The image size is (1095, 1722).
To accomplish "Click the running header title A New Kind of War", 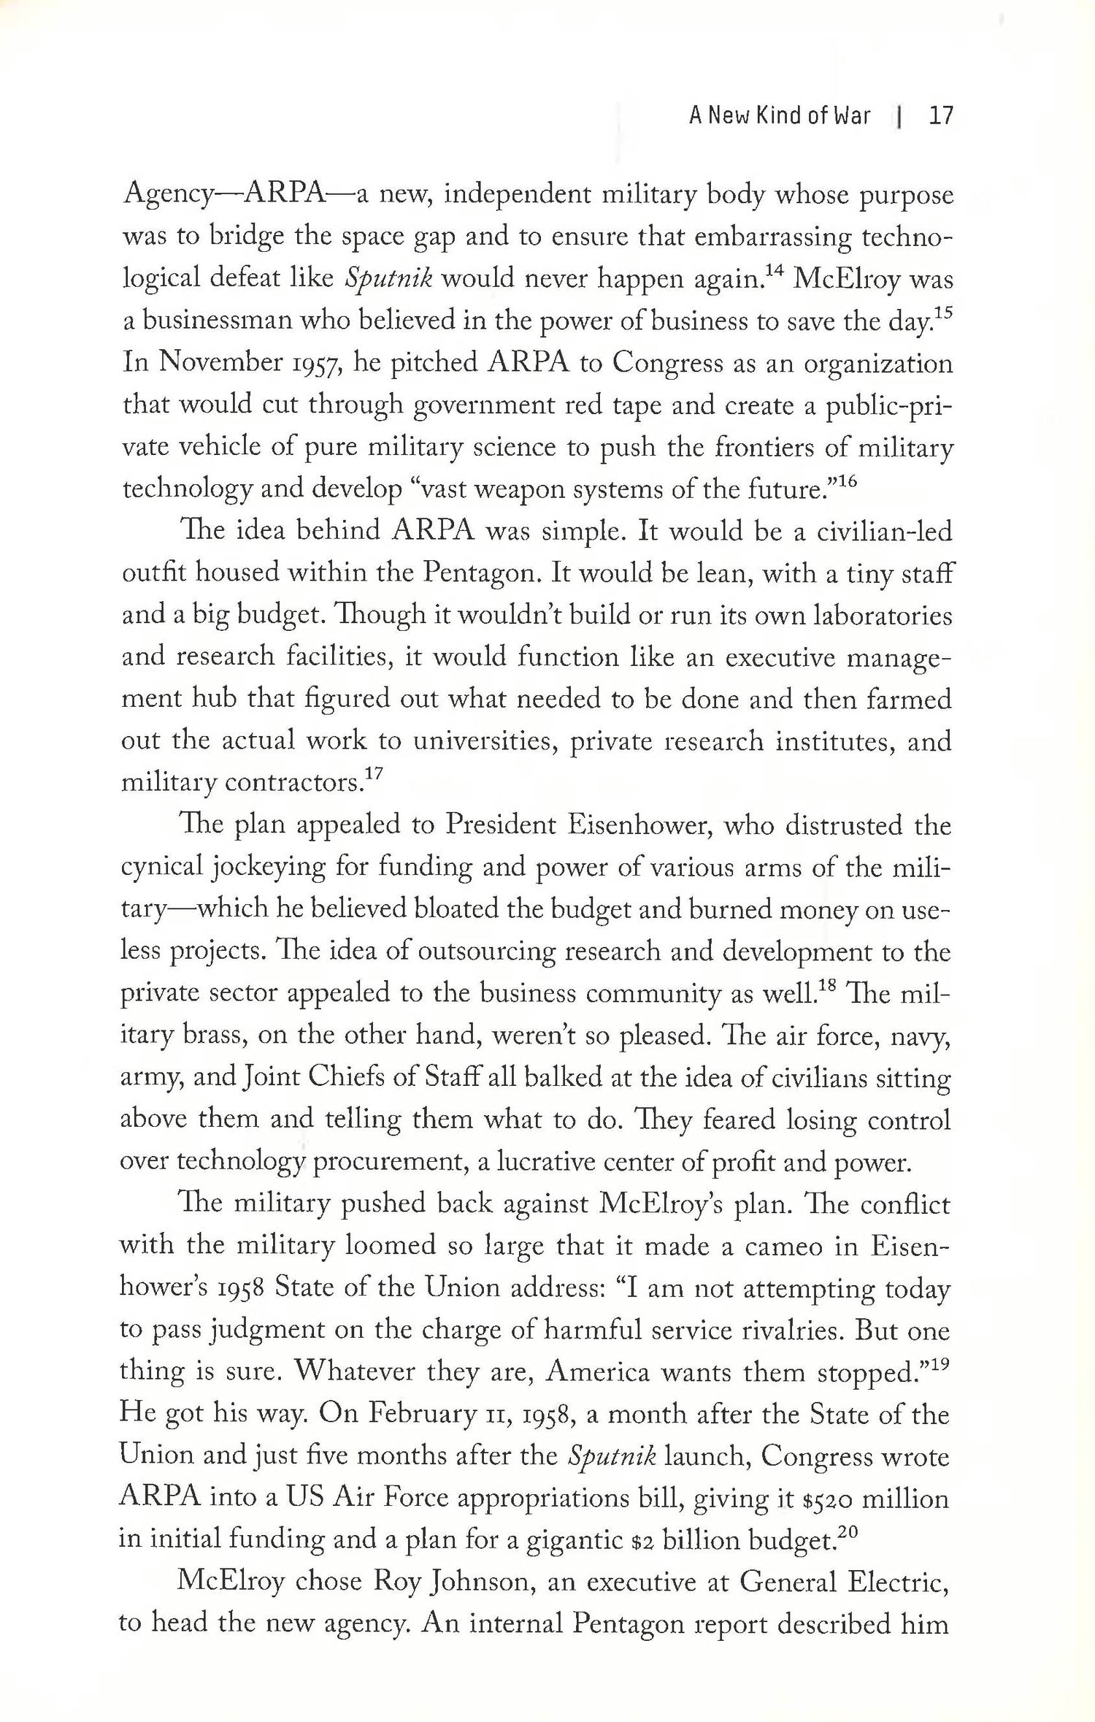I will pyautogui.click(x=780, y=116).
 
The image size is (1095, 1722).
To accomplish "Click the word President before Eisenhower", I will pyautogui.click(x=500, y=825).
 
